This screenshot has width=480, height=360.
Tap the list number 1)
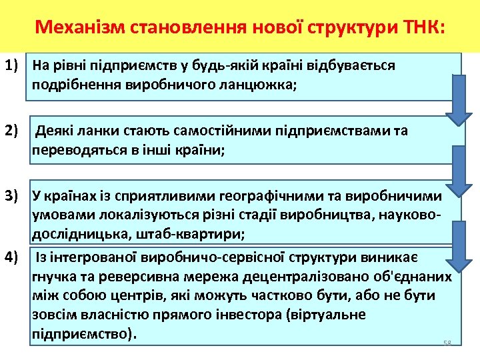click(13, 66)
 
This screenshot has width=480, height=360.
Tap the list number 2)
click(13, 131)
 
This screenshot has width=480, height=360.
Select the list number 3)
click(13, 196)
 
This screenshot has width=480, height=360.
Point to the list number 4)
click(13, 257)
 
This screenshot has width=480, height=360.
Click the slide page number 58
click(447, 343)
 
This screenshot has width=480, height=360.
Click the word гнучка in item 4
click(52, 277)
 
